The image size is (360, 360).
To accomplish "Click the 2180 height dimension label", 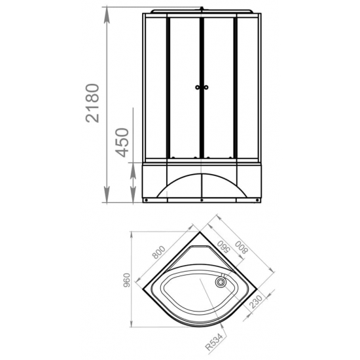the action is click(x=92, y=103).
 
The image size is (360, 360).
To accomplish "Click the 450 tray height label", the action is click(x=122, y=143).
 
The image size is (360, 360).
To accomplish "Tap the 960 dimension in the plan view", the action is click(x=126, y=280).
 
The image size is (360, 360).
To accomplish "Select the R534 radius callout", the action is click(x=214, y=342).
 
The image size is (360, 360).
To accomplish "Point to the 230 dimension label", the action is click(x=255, y=302).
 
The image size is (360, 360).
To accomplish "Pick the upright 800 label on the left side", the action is click(x=159, y=252).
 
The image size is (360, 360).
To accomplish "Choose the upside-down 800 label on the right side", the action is click(x=242, y=247).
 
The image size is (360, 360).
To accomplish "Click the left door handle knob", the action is click(x=198, y=87).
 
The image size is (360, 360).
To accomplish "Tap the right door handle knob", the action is click(x=206, y=87).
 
